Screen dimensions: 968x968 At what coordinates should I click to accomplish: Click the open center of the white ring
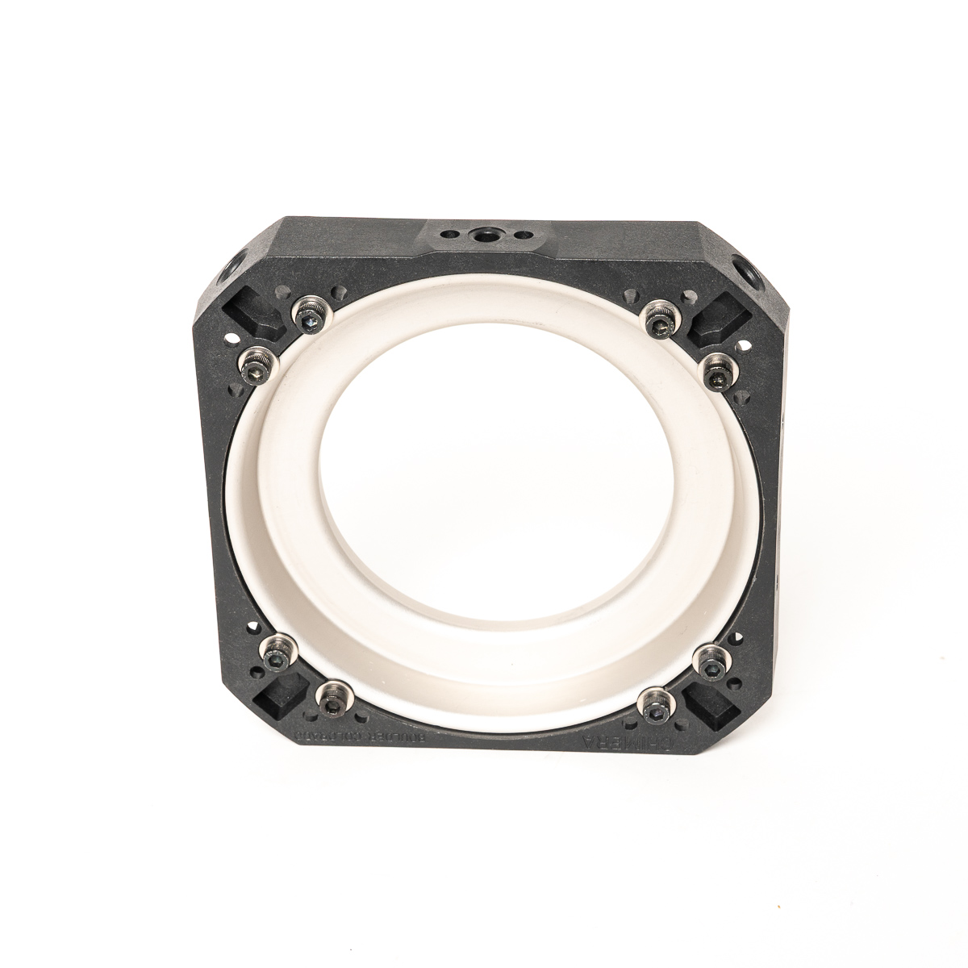coord(484,500)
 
